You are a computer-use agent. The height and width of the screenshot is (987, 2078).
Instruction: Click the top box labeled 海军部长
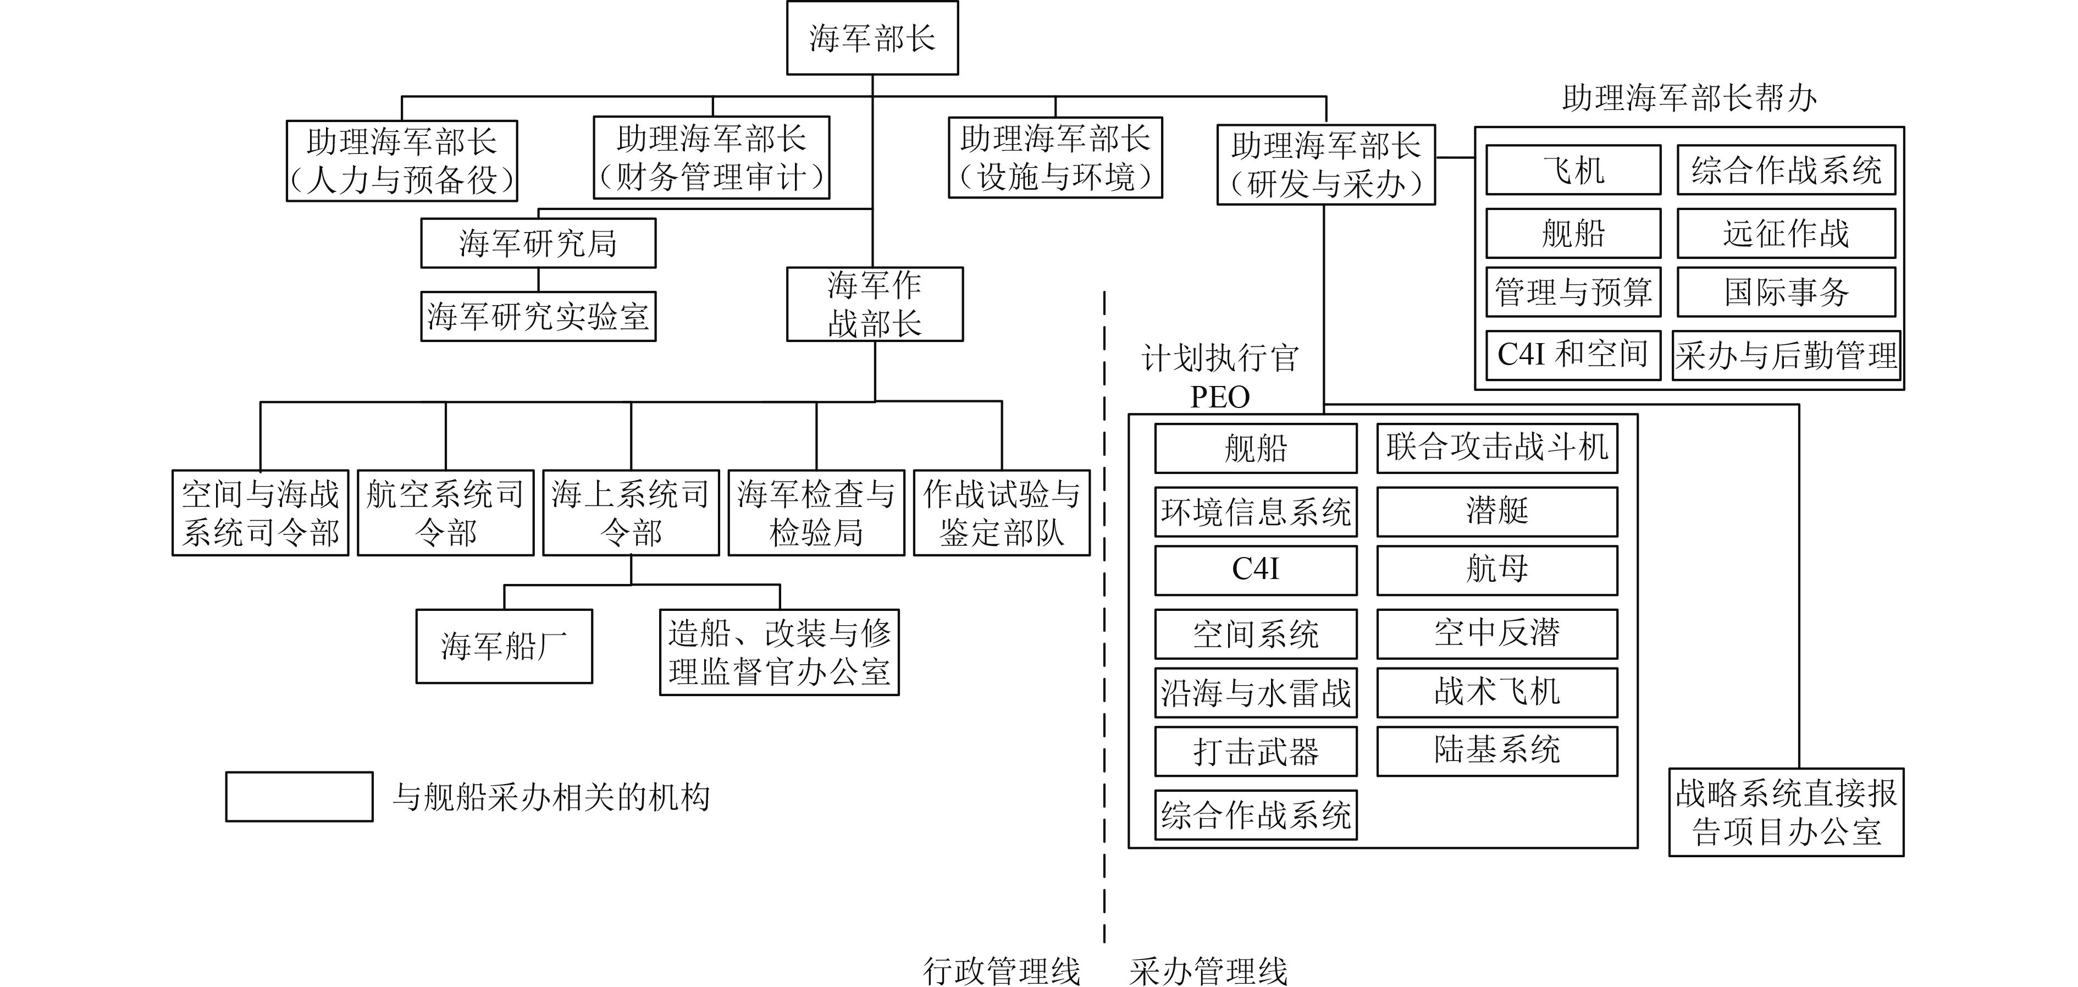pos(872,38)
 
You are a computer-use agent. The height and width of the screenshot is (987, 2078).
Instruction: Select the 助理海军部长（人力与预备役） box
pos(402,161)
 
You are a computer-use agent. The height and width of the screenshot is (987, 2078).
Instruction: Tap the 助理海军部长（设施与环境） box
pos(1055,157)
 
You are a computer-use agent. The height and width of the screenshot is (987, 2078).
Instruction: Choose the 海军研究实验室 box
pos(538,316)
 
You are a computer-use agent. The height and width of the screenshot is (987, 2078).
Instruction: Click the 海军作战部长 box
pos(875,304)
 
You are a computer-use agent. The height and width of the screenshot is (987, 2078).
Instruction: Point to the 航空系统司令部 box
pos(445,512)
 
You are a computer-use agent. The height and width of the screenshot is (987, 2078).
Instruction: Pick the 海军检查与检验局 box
pos(816,512)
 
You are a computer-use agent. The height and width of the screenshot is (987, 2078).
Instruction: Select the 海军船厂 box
pos(504,646)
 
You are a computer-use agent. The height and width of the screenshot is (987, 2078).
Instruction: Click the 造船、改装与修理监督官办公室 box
pos(780,652)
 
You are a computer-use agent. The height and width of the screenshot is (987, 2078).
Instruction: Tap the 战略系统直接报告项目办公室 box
pos(1786,812)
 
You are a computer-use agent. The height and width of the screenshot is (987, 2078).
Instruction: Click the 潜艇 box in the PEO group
pos(1497,511)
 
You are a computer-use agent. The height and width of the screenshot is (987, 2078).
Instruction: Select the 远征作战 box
pos(1786,233)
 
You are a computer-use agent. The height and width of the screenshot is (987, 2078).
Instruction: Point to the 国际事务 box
pos(1786,291)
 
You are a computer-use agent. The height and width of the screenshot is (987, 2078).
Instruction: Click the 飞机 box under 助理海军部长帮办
pos(1573,169)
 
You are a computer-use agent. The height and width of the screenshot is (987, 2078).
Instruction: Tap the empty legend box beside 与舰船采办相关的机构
pos(299,797)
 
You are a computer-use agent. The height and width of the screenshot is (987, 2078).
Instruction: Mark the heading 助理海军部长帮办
pos(1689,98)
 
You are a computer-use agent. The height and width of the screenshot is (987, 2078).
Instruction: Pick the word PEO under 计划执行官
pos(1220,397)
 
